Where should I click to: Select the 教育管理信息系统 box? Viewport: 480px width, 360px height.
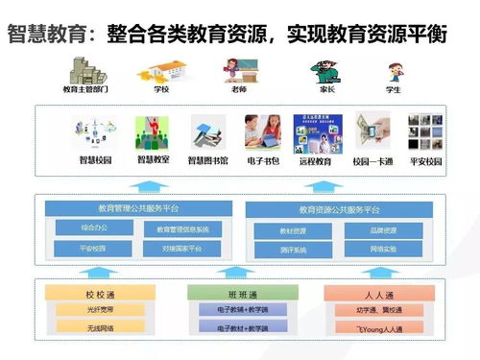pos(182,228)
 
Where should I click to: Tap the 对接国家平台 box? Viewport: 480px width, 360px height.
pos(182,248)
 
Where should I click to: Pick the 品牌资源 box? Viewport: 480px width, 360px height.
pos(384,230)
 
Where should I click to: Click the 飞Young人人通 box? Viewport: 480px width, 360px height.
pos(364,327)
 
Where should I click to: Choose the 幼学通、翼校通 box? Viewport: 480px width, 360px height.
pos(364,310)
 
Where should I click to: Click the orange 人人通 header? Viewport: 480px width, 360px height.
pos(364,294)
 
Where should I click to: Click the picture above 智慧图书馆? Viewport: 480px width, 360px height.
pos(208,132)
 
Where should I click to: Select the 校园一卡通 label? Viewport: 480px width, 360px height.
pos(372,161)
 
